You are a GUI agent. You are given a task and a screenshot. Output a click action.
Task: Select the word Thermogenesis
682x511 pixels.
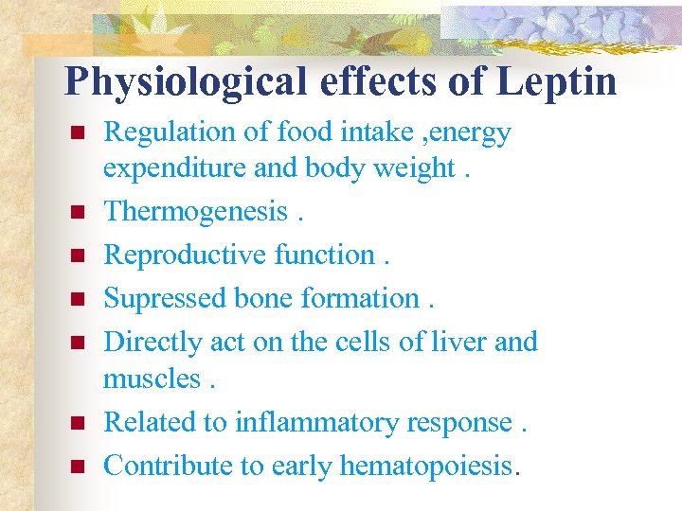195,211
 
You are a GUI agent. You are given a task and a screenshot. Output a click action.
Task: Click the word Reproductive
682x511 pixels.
186,254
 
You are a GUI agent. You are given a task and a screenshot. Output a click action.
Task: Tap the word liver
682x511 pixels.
454,341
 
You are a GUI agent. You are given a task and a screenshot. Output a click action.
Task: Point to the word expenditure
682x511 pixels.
166,168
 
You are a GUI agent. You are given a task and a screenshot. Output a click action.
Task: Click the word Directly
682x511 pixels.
148,341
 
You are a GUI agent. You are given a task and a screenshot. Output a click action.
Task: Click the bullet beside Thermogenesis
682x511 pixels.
78,212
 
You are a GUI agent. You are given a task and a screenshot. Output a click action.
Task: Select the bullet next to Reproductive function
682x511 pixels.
78,255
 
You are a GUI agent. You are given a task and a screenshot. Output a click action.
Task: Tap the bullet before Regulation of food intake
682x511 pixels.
78,133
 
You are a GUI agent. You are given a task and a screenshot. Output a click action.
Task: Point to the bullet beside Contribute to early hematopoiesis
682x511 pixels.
78,466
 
